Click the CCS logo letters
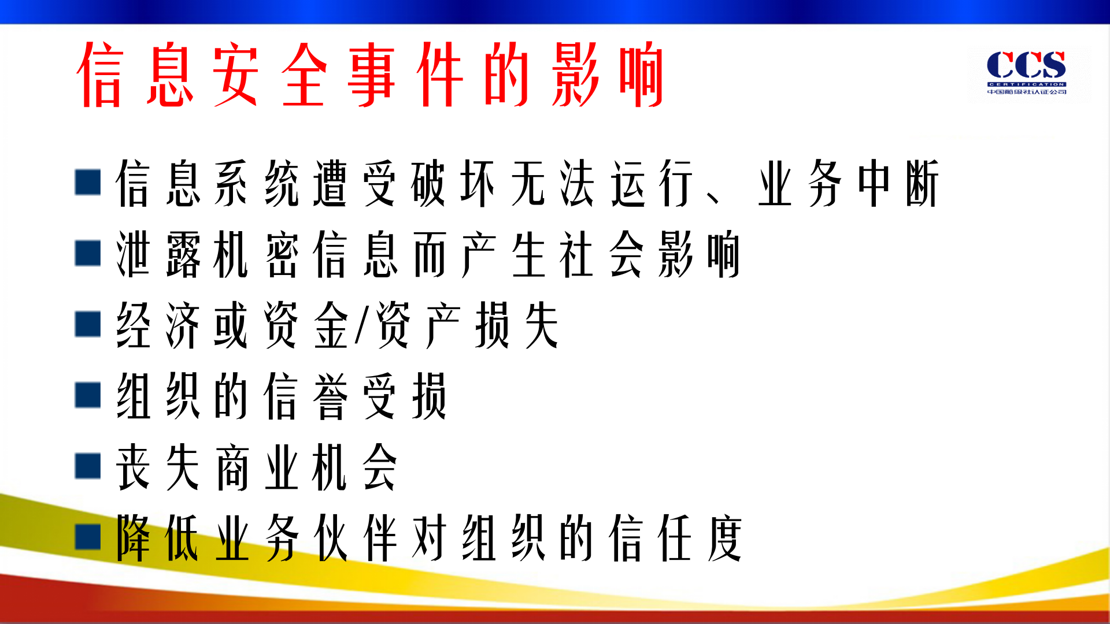click(x=1026, y=65)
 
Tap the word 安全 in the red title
click(x=269, y=74)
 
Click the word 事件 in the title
click(x=405, y=74)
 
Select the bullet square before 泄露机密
click(x=88, y=254)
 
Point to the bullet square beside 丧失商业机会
click(x=88, y=466)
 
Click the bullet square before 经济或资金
click(x=88, y=324)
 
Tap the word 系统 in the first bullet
click(x=257, y=184)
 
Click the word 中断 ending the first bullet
click(x=898, y=184)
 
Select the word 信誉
click(x=306, y=396)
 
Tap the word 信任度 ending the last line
click(x=675, y=538)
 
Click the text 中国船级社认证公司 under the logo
click(x=1026, y=92)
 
